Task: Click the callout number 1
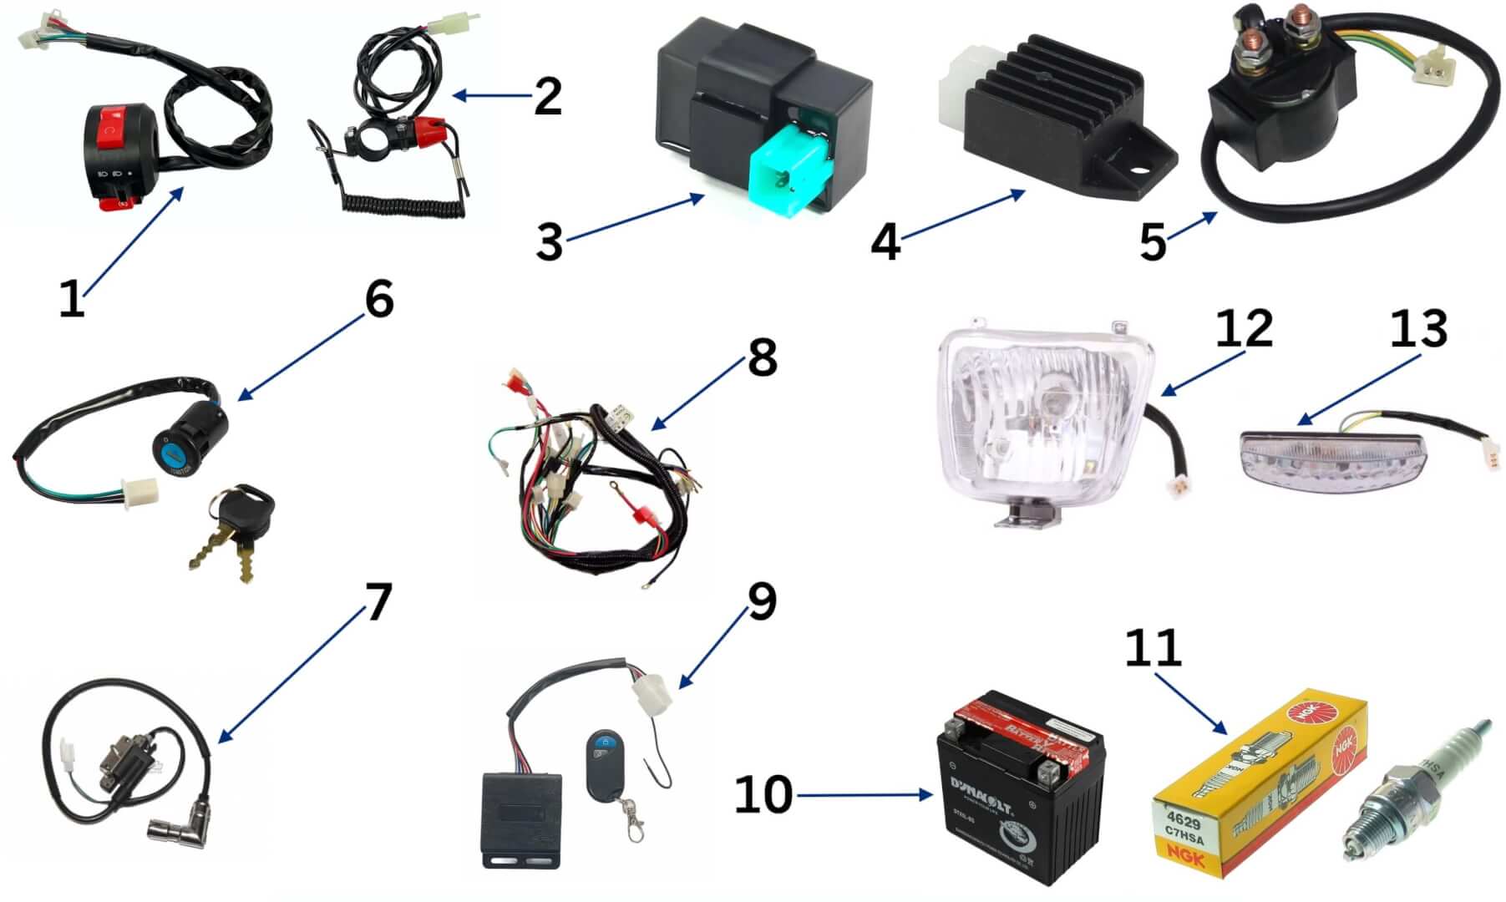point(72,299)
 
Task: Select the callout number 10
point(763,794)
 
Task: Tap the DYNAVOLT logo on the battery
point(981,785)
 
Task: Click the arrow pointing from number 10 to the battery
point(865,795)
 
